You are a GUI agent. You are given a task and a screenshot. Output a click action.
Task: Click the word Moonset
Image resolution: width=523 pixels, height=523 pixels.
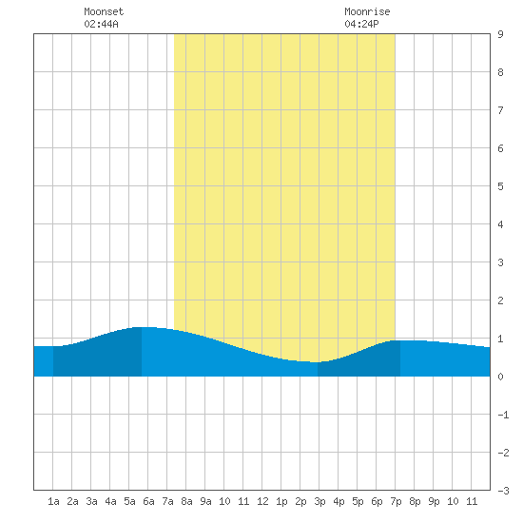(104, 11)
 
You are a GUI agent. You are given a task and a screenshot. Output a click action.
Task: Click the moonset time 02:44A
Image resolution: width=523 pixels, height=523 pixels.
(101, 24)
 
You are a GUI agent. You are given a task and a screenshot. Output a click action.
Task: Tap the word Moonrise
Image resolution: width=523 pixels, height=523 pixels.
(367, 11)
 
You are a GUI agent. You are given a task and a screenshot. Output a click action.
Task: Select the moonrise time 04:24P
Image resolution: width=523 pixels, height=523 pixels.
(361, 24)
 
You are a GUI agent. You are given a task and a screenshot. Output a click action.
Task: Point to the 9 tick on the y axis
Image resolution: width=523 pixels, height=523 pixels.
(500, 34)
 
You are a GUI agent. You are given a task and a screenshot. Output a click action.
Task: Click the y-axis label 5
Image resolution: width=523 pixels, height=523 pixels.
(500, 186)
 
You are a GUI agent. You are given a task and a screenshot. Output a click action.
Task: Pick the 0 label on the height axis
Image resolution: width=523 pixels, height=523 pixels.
(500, 377)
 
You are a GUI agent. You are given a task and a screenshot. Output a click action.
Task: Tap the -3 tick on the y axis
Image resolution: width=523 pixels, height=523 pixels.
(503, 491)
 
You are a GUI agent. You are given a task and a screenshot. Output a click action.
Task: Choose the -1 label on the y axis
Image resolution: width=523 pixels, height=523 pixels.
(503, 415)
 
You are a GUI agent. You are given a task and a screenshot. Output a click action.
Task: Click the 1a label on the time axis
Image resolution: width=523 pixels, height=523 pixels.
(53, 501)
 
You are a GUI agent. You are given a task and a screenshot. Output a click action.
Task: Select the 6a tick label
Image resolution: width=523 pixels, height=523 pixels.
(148, 501)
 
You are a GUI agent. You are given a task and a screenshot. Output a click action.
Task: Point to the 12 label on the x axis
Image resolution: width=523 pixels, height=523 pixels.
(262, 501)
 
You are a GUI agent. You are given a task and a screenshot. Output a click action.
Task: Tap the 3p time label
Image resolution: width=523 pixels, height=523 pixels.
(320, 502)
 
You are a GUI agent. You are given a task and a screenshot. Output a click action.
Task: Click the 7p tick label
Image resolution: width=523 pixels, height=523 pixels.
(396, 502)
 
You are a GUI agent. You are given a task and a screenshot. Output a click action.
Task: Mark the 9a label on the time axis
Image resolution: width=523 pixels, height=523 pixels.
(205, 501)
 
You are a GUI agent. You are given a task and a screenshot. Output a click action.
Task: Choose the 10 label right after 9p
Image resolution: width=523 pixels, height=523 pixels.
(453, 501)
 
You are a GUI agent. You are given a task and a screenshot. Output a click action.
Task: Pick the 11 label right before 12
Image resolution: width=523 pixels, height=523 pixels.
(243, 501)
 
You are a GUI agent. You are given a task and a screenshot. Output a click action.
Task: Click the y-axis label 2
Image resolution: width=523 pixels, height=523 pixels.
(500, 300)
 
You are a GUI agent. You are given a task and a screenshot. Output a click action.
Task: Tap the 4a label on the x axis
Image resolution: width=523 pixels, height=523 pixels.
(110, 501)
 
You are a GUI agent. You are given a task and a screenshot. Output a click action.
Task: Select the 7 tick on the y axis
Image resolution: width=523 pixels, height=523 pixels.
(500, 110)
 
